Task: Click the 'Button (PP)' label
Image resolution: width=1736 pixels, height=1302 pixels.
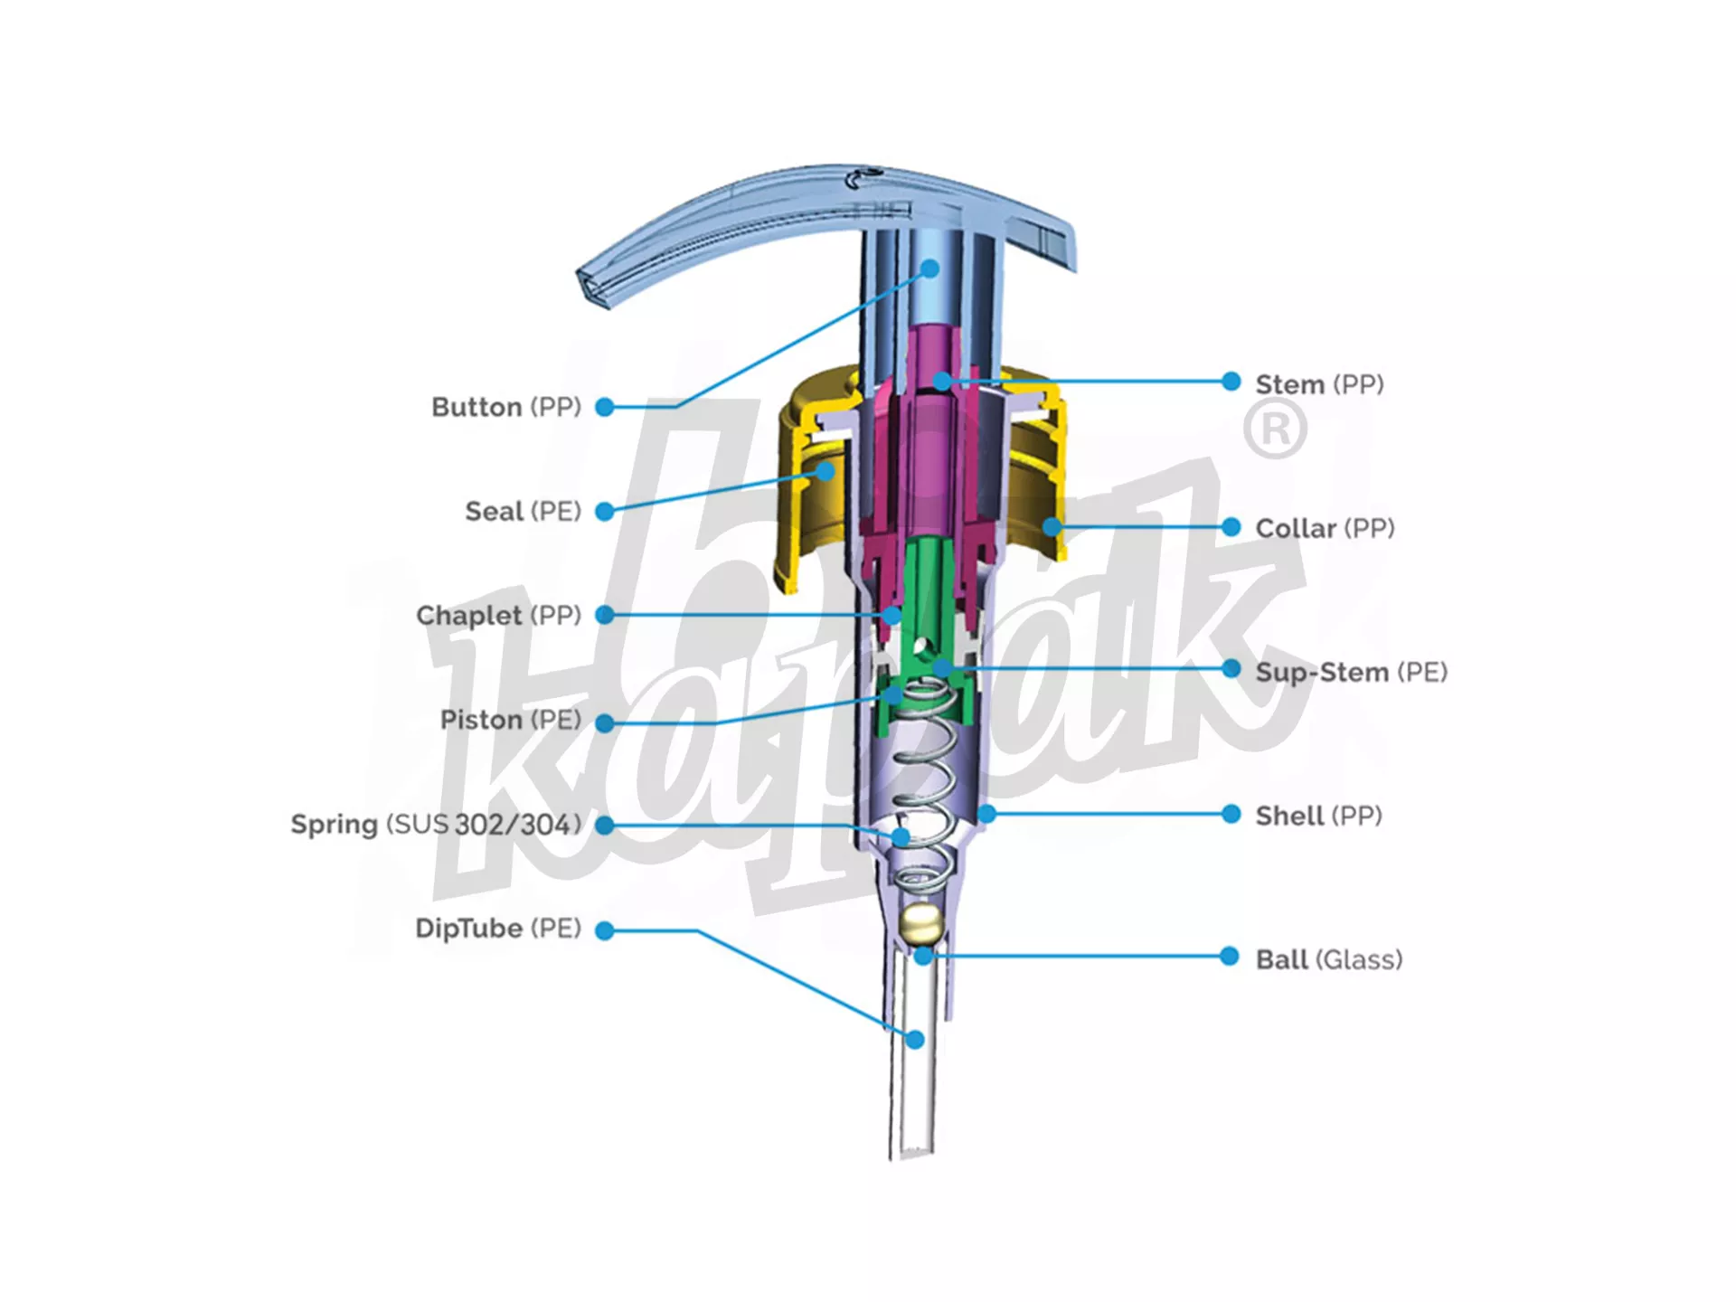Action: point(506,407)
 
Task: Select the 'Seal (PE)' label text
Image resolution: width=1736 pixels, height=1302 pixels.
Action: point(523,512)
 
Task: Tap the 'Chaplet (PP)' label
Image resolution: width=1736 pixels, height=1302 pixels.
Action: point(498,616)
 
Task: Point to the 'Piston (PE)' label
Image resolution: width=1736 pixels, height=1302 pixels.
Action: point(510,720)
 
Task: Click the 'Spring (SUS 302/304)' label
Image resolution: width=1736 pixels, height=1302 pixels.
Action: point(436,825)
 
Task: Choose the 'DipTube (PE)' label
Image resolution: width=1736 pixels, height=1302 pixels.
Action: point(498,929)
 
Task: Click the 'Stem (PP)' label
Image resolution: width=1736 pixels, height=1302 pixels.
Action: point(1319,384)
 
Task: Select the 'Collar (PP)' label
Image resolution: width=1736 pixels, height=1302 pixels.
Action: point(1325,528)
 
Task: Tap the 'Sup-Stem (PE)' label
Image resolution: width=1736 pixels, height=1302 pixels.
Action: point(1351,672)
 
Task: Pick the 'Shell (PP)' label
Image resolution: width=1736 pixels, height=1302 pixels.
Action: point(1318,816)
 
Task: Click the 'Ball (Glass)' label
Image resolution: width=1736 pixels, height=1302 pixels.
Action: point(1328,959)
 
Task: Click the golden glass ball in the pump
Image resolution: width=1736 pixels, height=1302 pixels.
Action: point(921,924)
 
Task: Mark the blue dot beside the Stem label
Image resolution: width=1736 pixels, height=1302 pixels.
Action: point(1231,382)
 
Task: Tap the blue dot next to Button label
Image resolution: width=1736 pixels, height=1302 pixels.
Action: point(605,407)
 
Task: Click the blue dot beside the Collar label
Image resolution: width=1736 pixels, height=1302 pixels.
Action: point(1231,526)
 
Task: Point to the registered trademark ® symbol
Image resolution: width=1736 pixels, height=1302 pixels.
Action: point(1275,429)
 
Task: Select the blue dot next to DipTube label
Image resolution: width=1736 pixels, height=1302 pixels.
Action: point(605,930)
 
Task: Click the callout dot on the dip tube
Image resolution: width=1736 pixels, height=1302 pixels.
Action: point(915,1040)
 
